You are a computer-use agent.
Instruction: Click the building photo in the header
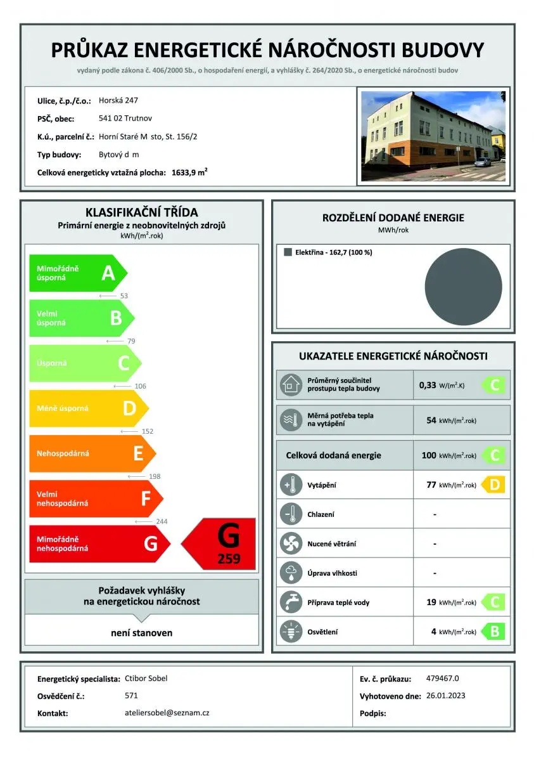tap(433, 136)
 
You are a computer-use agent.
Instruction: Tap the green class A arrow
tap(77, 273)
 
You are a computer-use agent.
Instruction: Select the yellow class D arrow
tap(88, 408)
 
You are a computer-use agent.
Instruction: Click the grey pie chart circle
tap(463, 287)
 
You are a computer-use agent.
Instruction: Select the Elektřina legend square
tap(288, 252)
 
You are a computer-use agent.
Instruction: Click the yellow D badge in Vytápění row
tap(493, 485)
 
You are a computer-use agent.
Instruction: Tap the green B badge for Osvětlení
tap(493, 632)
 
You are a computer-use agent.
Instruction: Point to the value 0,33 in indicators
tap(428, 385)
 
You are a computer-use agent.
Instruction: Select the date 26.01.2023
tap(445, 696)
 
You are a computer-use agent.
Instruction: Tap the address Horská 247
tap(118, 100)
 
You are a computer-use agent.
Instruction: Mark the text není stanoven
tap(142, 633)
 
